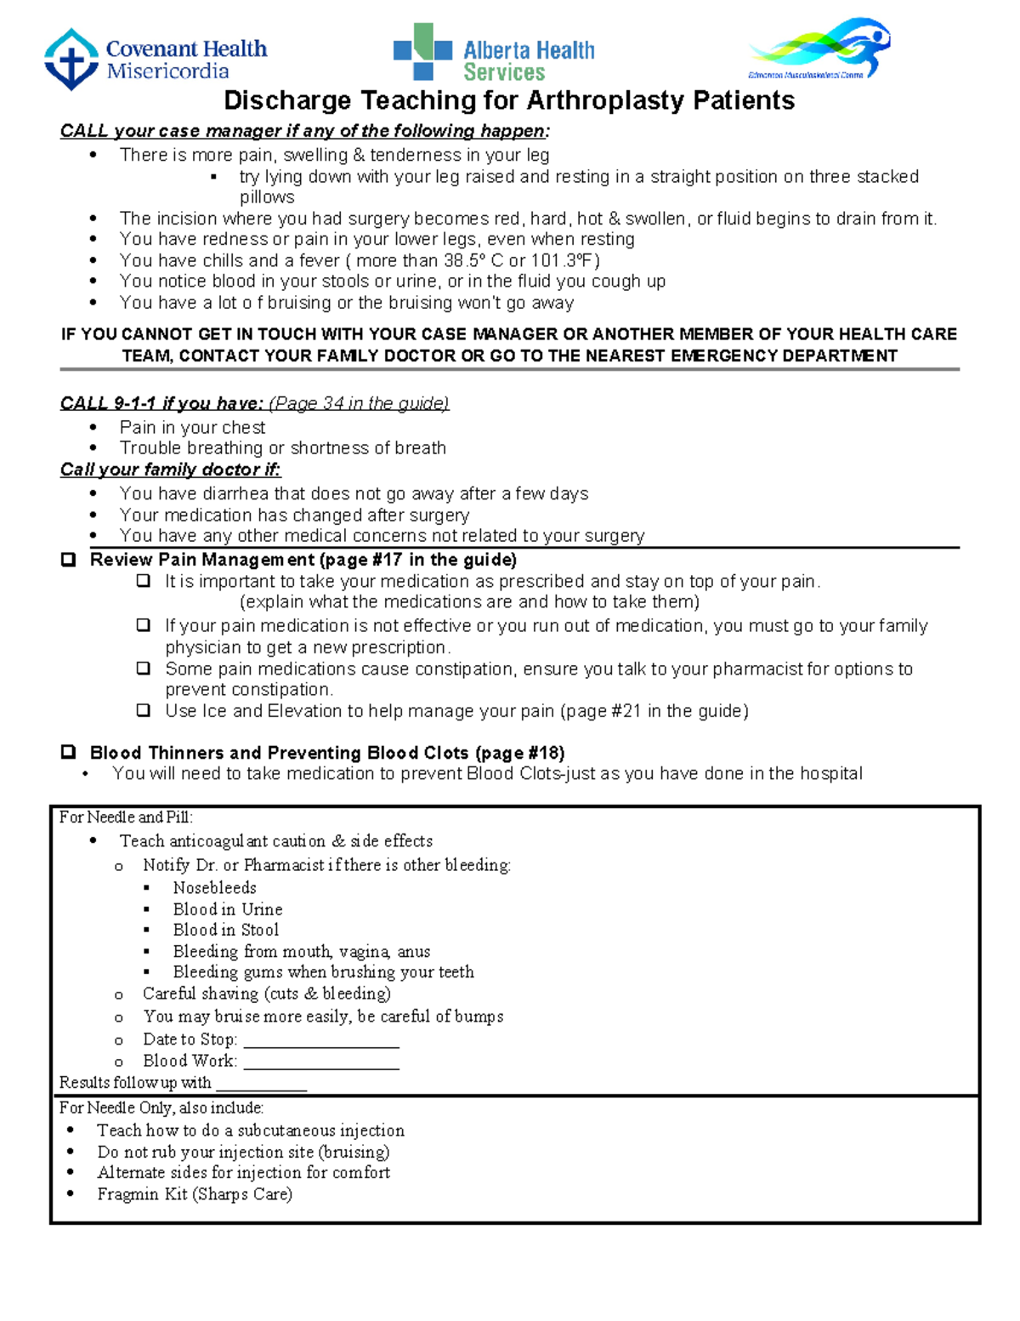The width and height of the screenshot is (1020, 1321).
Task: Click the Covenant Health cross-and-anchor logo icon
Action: (x=71, y=60)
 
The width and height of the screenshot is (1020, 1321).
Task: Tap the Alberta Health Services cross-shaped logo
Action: (x=422, y=52)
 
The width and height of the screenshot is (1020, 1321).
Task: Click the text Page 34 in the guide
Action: (x=359, y=403)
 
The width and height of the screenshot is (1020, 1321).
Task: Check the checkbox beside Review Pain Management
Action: (x=69, y=560)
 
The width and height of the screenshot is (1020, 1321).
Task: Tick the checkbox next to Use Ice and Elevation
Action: (x=144, y=710)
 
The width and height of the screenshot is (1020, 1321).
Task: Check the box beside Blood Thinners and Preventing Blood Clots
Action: (x=69, y=753)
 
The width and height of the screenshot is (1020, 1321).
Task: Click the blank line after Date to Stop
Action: (x=321, y=1040)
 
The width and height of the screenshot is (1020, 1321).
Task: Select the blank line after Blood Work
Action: (x=321, y=1062)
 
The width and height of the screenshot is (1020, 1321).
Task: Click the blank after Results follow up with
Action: (x=261, y=1084)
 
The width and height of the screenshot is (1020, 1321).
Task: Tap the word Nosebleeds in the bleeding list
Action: (x=214, y=887)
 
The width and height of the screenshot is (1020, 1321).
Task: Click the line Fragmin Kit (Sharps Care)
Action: (x=195, y=1194)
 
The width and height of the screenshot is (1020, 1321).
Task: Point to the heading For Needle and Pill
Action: (x=126, y=817)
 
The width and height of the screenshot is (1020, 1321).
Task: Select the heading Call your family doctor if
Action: (x=170, y=470)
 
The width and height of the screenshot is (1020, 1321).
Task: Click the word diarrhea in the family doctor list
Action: (x=237, y=493)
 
